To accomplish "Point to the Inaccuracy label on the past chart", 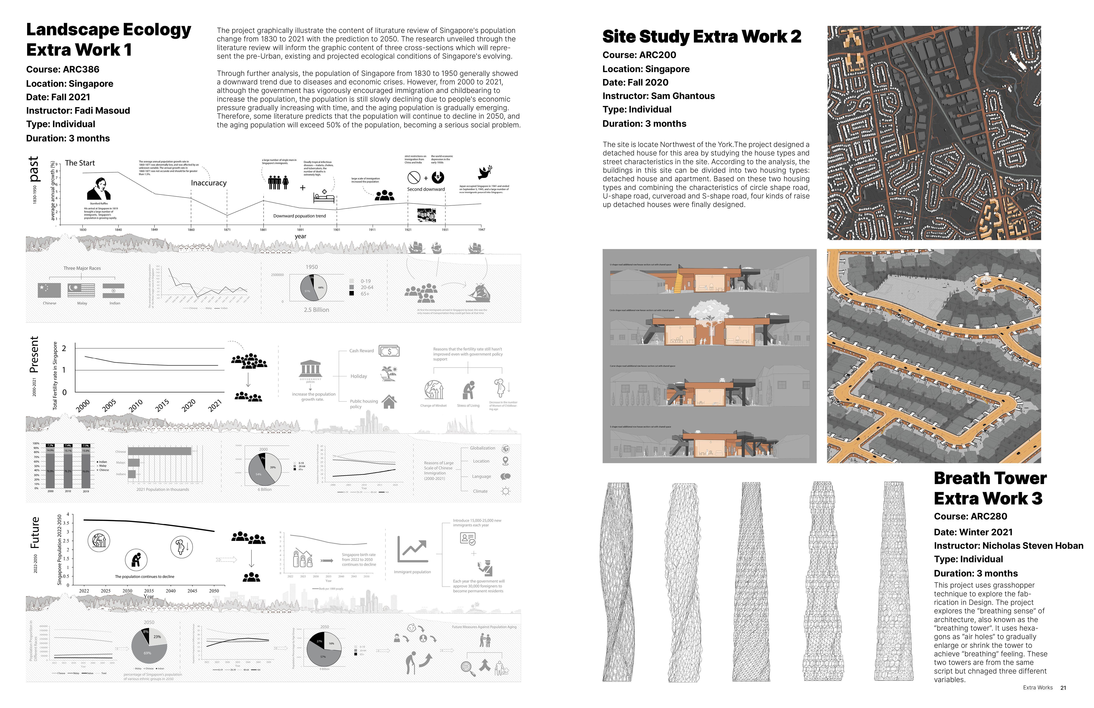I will point(209,183).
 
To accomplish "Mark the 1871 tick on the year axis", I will point(227,229).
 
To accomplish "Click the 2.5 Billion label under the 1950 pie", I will point(316,310).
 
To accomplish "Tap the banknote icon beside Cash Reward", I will point(389,351).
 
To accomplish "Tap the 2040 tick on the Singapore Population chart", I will point(170,591).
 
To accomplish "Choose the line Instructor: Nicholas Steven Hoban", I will point(1008,546).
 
